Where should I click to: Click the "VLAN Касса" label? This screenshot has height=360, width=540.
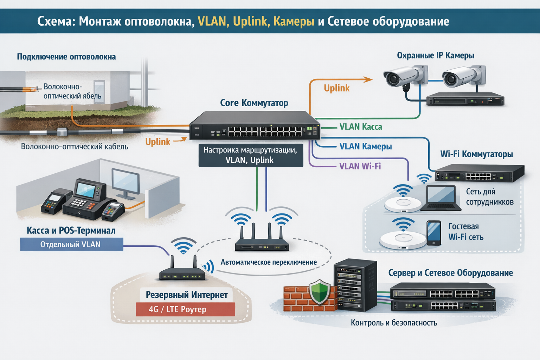[360, 127]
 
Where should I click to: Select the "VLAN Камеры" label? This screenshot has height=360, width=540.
[365, 147]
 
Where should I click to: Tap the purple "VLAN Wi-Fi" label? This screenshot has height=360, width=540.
[360, 166]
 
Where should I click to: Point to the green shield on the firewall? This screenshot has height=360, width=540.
[319, 291]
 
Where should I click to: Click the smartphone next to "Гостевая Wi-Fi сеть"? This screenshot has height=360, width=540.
[433, 233]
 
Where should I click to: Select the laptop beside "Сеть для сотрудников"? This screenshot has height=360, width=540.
[441, 198]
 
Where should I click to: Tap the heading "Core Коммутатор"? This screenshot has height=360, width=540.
[254, 103]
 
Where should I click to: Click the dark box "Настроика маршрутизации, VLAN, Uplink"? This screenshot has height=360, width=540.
[251, 155]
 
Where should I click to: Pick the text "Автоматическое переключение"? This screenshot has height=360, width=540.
[269, 262]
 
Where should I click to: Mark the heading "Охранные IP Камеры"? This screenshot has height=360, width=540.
[435, 56]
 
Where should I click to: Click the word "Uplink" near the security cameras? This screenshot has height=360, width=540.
[336, 88]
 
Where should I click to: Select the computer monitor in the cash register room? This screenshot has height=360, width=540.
[126, 183]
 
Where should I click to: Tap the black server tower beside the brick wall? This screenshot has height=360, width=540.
[355, 285]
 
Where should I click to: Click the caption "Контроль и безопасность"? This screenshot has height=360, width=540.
[394, 323]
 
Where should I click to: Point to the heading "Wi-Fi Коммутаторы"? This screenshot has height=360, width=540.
[476, 154]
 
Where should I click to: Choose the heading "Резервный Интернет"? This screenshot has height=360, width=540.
[187, 295]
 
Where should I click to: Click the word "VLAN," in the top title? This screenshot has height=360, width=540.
[212, 21]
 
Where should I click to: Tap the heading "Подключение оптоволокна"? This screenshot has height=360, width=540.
[66, 57]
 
